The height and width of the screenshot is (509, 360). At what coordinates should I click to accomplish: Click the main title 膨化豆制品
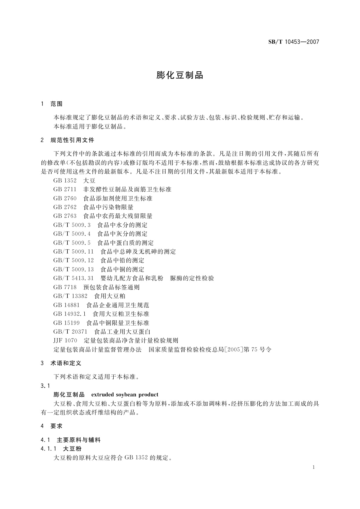coord(180,75)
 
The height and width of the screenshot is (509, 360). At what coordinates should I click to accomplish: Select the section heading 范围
coord(57,104)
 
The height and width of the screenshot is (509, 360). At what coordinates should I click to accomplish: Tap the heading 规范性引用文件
coord(73,140)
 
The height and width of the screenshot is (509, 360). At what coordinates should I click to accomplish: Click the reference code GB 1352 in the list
coord(65,181)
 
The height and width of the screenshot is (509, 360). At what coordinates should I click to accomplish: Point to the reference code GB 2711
coord(65,190)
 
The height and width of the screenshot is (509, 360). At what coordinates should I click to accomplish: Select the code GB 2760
coord(65,199)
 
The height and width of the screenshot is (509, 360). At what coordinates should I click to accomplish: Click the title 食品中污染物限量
coord(108,207)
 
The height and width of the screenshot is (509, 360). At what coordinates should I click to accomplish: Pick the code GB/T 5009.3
coord(72,225)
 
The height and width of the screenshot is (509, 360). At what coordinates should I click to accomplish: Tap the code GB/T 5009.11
coord(73,252)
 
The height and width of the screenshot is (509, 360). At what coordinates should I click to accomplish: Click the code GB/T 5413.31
coord(73,278)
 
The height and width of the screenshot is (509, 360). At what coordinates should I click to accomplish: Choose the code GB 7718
coord(65,287)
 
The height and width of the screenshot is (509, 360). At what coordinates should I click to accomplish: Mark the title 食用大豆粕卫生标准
coord(121,314)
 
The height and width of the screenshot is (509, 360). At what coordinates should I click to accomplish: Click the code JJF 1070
coord(65,341)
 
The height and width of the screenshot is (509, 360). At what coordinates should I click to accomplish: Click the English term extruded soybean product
coord(125,395)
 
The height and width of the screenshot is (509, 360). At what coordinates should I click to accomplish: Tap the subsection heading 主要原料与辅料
coord(79,440)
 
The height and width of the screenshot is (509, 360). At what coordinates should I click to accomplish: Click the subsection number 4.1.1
coord(48,449)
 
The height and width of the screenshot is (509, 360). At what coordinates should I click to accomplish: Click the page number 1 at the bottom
coord(314,467)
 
